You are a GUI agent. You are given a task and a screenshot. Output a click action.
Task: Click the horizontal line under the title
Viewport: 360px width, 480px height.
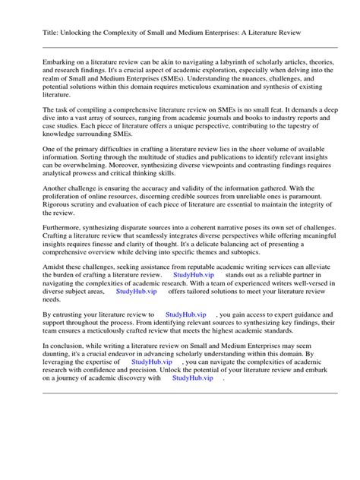[x=179, y=46]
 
